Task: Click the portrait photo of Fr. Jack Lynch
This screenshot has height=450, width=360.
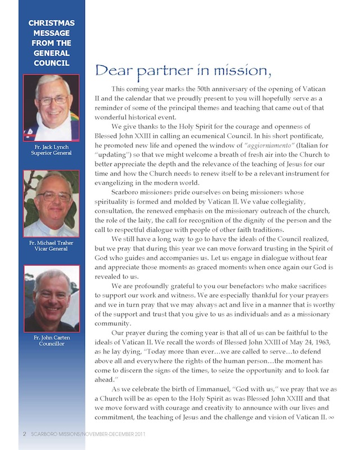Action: pos(51,108)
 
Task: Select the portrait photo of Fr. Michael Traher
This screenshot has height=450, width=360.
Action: pos(51,204)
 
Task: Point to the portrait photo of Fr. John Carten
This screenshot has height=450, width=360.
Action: pos(51,298)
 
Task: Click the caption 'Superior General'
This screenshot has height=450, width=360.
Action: pos(51,153)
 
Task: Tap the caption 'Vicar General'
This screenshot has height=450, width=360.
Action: pos(51,249)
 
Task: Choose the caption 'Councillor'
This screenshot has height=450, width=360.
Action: pos(51,344)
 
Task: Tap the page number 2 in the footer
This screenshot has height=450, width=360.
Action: pos(24,434)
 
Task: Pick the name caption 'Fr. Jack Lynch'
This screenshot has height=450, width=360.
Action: pos(51,147)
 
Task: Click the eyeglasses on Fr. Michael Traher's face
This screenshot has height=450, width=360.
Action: pos(53,196)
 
